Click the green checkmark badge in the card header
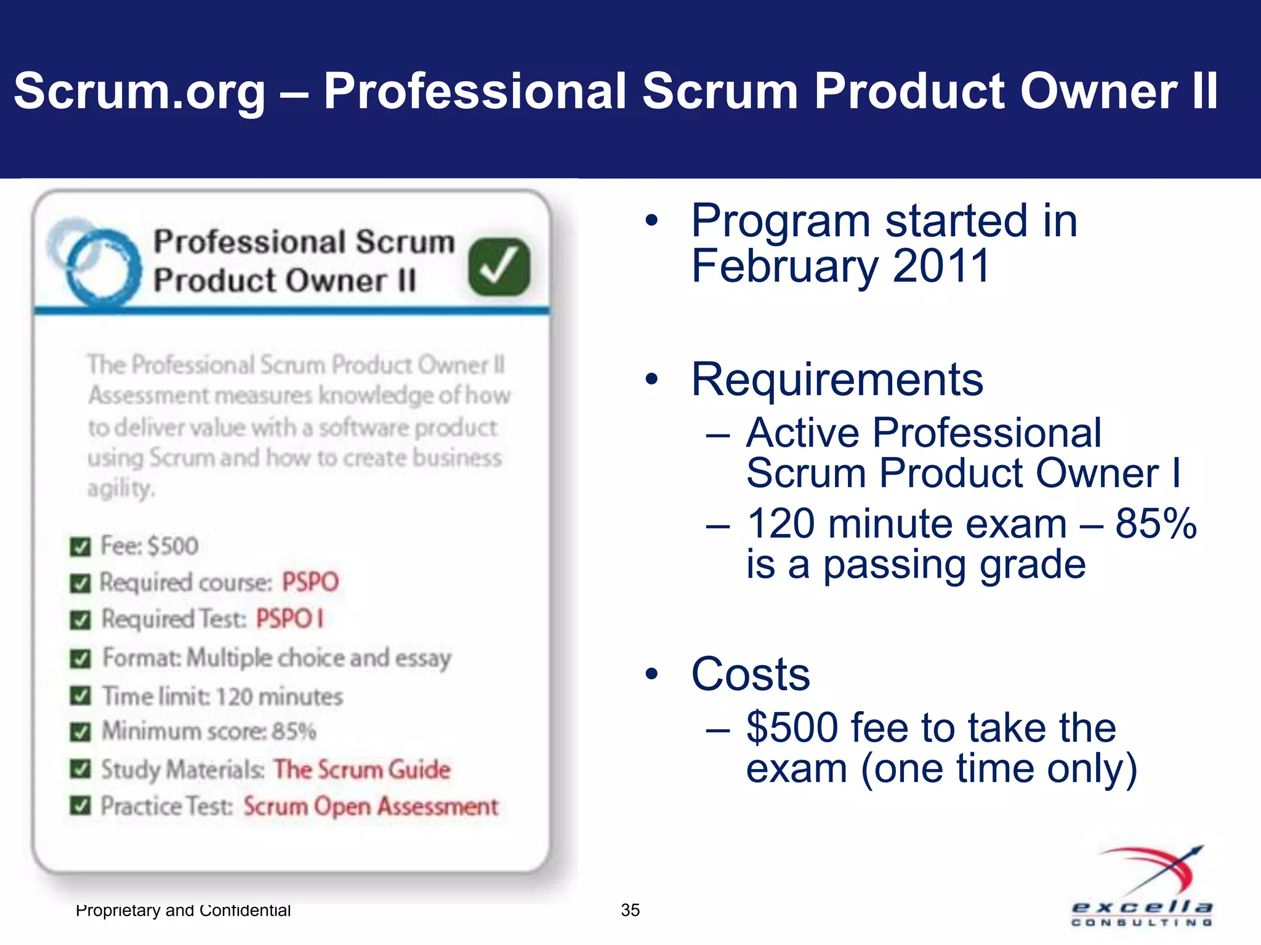click(x=499, y=267)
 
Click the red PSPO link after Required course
click(x=310, y=582)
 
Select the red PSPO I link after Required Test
click(x=289, y=619)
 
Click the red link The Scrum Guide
click(x=362, y=770)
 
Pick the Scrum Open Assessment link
click(x=371, y=807)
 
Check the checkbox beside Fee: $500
click(x=81, y=546)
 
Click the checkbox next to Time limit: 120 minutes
click(x=81, y=696)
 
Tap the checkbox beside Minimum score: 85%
click(x=81, y=732)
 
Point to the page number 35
click(x=630, y=910)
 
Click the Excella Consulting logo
click(x=1143, y=886)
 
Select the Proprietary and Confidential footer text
click(x=183, y=910)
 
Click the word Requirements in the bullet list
click(x=837, y=380)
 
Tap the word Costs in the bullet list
click(x=750, y=674)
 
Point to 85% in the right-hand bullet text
click(x=1156, y=524)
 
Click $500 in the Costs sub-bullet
click(x=792, y=728)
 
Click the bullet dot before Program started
click(x=651, y=221)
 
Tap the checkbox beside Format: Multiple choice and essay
click(x=81, y=659)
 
